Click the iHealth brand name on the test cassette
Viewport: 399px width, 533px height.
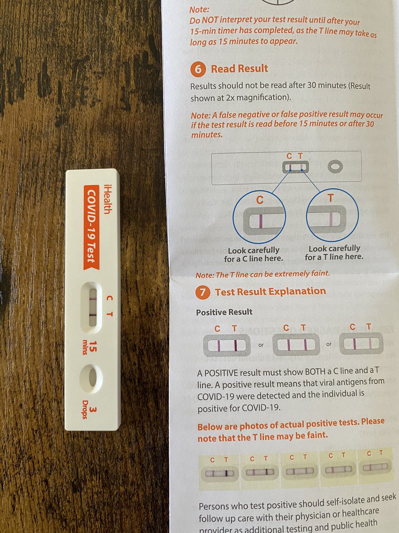pos(108,199)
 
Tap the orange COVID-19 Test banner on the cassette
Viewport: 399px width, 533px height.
pos(92,227)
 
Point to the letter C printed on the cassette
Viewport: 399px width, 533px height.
pos(110,298)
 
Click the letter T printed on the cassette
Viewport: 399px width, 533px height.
pos(110,314)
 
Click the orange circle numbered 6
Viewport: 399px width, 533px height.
pos(198,69)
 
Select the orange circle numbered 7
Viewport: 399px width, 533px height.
pos(203,292)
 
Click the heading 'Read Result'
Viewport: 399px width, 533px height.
pos(239,68)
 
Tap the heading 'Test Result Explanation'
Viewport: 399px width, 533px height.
pos(270,291)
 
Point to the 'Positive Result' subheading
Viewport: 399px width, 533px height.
pos(224,312)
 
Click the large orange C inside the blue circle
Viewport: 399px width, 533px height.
pos(260,200)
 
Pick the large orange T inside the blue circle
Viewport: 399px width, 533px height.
pos(330,198)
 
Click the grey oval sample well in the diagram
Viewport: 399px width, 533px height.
pos(336,167)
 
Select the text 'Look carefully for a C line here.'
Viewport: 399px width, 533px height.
pos(254,255)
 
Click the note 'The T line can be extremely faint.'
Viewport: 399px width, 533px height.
pos(263,274)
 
